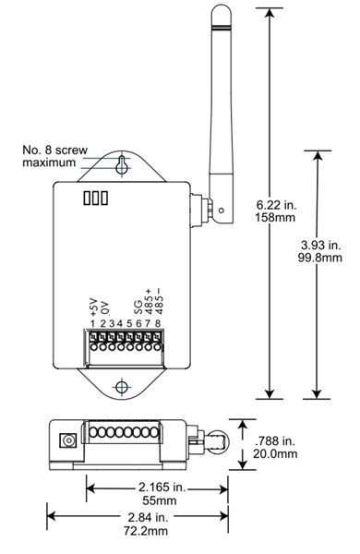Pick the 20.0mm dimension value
(x=276, y=453)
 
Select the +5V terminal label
(x=93, y=306)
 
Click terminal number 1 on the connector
(x=93, y=323)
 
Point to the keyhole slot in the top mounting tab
(x=122, y=165)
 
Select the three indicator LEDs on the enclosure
(x=95, y=198)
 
